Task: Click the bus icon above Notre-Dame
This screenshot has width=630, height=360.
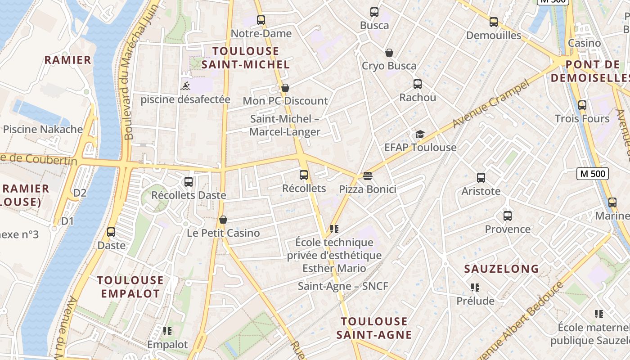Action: (x=261, y=20)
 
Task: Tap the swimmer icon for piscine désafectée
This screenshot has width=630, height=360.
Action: (x=185, y=85)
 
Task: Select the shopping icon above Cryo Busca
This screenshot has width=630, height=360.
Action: (x=389, y=53)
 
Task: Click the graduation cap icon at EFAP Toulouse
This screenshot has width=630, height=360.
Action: (x=420, y=134)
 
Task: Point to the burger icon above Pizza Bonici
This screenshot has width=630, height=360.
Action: (x=368, y=175)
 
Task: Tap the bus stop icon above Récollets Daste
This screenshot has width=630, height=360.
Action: (x=189, y=182)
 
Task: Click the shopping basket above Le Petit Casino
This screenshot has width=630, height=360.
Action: (x=223, y=220)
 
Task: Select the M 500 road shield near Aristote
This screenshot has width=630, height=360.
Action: (x=592, y=174)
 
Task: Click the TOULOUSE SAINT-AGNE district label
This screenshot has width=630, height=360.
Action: (x=374, y=328)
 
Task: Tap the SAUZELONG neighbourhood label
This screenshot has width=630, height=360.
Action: (x=501, y=269)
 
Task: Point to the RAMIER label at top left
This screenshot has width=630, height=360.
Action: (x=67, y=60)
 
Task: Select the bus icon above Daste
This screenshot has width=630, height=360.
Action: (x=111, y=232)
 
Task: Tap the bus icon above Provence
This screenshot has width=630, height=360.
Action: (x=508, y=216)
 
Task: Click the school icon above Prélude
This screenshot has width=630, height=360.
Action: (x=475, y=287)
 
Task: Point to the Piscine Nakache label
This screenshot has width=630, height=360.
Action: (x=43, y=130)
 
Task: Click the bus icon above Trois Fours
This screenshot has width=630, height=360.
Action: (x=582, y=105)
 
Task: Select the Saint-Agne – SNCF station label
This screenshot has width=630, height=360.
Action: (x=343, y=286)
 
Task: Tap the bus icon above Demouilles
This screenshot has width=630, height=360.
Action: (x=494, y=22)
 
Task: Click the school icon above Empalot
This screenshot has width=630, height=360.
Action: (x=167, y=331)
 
